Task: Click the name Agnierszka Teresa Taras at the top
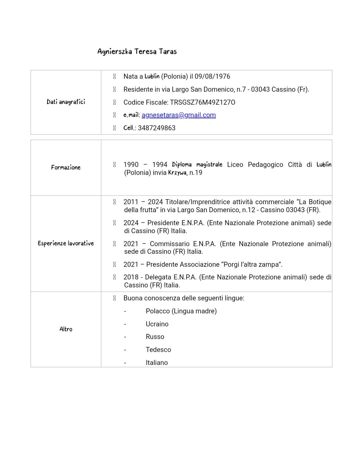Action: pos(137,52)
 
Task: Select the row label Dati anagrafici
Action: pos(66,102)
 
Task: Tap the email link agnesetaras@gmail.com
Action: pos(179,115)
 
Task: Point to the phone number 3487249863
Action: pos(157,128)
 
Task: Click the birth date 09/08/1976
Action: pos(212,77)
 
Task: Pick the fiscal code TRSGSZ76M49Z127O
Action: pos(203,103)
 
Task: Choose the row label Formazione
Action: pos(66,168)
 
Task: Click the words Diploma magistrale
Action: pos(197,165)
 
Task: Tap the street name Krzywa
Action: pos(177,173)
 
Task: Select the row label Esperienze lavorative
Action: pos(66,243)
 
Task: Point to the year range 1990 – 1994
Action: pos(145,165)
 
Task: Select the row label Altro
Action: pos(66,329)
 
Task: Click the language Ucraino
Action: pos(157,324)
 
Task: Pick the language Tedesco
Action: pos(158,350)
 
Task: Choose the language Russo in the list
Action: pos(155,337)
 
